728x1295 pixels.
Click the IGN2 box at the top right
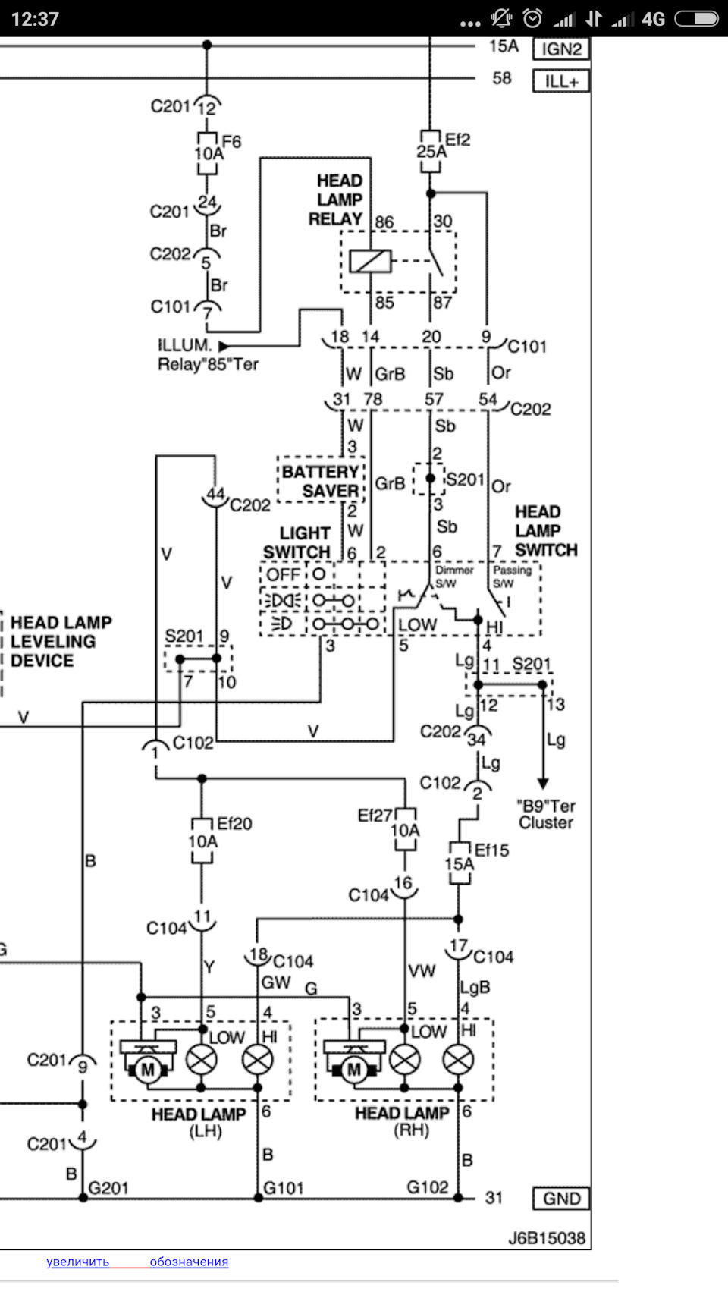click(x=561, y=49)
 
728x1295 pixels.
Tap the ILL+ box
click(x=561, y=81)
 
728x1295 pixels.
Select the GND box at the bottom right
click(x=561, y=1199)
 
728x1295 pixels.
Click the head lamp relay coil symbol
click(x=370, y=262)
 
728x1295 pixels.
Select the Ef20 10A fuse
click(x=202, y=841)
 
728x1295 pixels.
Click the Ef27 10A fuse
click(x=405, y=830)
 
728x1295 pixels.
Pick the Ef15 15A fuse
click(x=459, y=863)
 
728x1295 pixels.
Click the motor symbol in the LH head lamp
click(x=147, y=1070)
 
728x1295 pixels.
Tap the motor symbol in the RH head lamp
click(x=353, y=1070)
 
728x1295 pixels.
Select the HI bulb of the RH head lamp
click(x=458, y=1059)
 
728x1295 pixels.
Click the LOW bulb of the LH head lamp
click(x=202, y=1059)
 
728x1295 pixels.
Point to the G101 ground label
click(x=284, y=1187)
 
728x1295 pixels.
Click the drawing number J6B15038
click(x=546, y=1238)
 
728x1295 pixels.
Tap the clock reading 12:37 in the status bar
click(x=35, y=19)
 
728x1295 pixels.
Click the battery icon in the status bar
click(x=696, y=19)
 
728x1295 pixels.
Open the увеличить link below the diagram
click(x=77, y=1262)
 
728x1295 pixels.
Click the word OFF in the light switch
click(x=284, y=574)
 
